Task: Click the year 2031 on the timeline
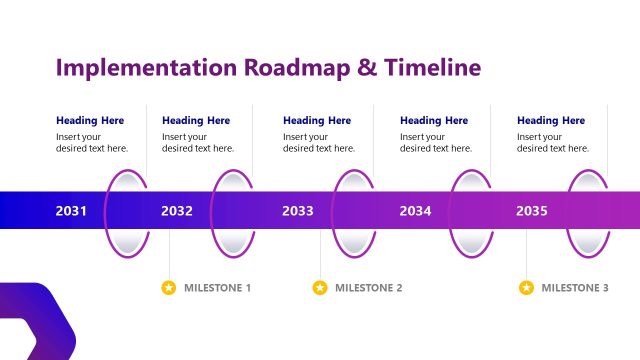(x=71, y=211)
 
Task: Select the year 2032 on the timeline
(x=177, y=211)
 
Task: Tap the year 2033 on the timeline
(x=298, y=211)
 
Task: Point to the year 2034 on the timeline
(x=415, y=211)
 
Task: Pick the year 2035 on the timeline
(x=532, y=211)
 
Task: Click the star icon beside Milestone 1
(x=169, y=288)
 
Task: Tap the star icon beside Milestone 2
(x=320, y=288)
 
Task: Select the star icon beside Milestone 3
(x=526, y=288)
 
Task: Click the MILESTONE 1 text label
(x=217, y=288)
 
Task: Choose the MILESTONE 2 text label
(x=368, y=288)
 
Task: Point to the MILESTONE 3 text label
(x=575, y=288)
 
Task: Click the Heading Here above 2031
(x=90, y=120)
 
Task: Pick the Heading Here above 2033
(x=317, y=120)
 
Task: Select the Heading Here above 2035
(x=551, y=120)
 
